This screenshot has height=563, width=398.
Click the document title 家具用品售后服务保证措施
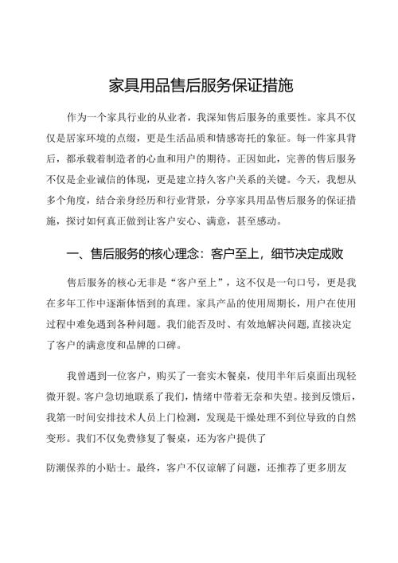click(x=199, y=84)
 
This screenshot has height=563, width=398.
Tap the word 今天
click(x=302, y=174)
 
